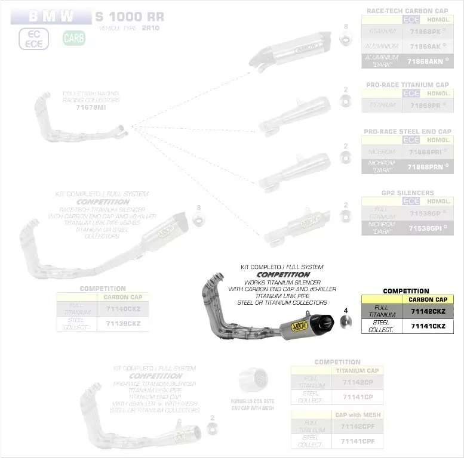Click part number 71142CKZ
click(x=428, y=311)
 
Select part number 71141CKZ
click(x=428, y=326)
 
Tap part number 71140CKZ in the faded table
click(x=123, y=308)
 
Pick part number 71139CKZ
click(x=123, y=323)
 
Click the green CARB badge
click(x=74, y=39)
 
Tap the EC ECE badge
click(x=33, y=39)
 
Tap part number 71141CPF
click(x=357, y=441)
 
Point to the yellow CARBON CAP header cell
click(x=428, y=299)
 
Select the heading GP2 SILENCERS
click(x=408, y=193)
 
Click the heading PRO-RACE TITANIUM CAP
click(x=408, y=85)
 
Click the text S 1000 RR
click(x=130, y=17)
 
